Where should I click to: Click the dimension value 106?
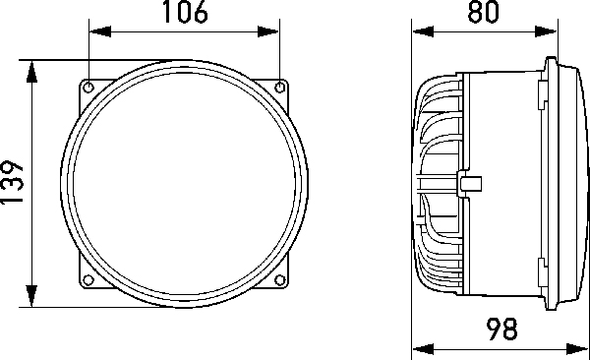tap(184, 14)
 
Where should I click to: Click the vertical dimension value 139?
tap(13, 184)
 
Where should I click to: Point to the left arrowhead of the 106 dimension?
tap(97, 31)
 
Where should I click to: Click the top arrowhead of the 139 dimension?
tap(33, 70)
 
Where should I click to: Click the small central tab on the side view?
tap(470, 182)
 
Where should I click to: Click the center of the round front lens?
tap(184, 184)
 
